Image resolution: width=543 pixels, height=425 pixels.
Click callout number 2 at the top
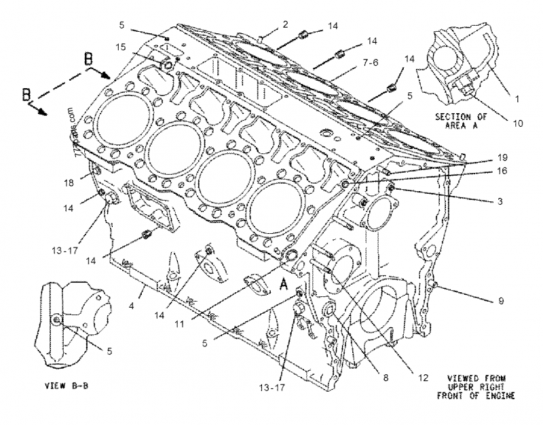click(286, 24)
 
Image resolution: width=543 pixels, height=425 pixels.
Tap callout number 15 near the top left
click(120, 47)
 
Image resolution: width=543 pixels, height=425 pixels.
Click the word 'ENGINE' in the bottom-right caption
click(498, 395)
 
